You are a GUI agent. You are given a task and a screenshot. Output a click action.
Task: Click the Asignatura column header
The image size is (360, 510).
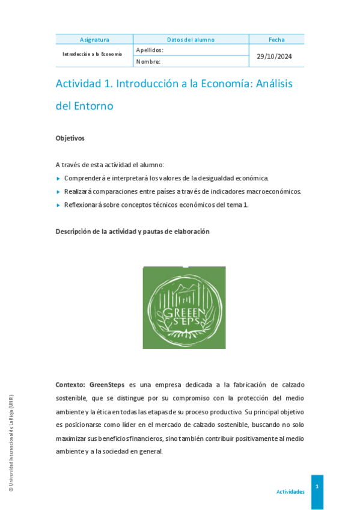click(x=94, y=40)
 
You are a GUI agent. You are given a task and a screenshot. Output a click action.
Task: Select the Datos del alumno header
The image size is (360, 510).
click(x=191, y=40)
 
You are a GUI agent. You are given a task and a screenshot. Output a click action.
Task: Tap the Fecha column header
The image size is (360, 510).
click(x=276, y=40)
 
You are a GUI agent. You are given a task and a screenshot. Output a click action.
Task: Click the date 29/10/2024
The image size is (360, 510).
click(x=274, y=56)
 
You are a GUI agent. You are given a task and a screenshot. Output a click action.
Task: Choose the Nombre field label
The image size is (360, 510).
click(x=148, y=61)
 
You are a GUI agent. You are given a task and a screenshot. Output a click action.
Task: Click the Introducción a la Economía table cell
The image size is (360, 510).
click(x=93, y=54)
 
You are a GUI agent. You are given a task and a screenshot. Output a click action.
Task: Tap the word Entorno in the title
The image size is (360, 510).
click(x=93, y=106)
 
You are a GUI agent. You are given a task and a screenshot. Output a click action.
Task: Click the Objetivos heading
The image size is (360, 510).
click(x=70, y=138)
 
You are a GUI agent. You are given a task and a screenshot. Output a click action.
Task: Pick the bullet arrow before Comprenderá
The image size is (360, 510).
click(x=58, y=179)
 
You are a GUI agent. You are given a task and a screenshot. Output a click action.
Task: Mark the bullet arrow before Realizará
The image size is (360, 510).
click(x=58, y=192)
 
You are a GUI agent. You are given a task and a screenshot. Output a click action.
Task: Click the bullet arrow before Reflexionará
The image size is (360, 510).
click(x=58, y=205)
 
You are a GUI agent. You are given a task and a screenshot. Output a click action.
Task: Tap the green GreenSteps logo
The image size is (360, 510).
click(x=184, y=307)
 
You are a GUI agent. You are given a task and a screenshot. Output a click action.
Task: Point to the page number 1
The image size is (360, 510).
click(x=317, y=485)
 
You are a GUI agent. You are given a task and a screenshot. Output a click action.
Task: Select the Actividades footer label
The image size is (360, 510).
click(x=290, y=492)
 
